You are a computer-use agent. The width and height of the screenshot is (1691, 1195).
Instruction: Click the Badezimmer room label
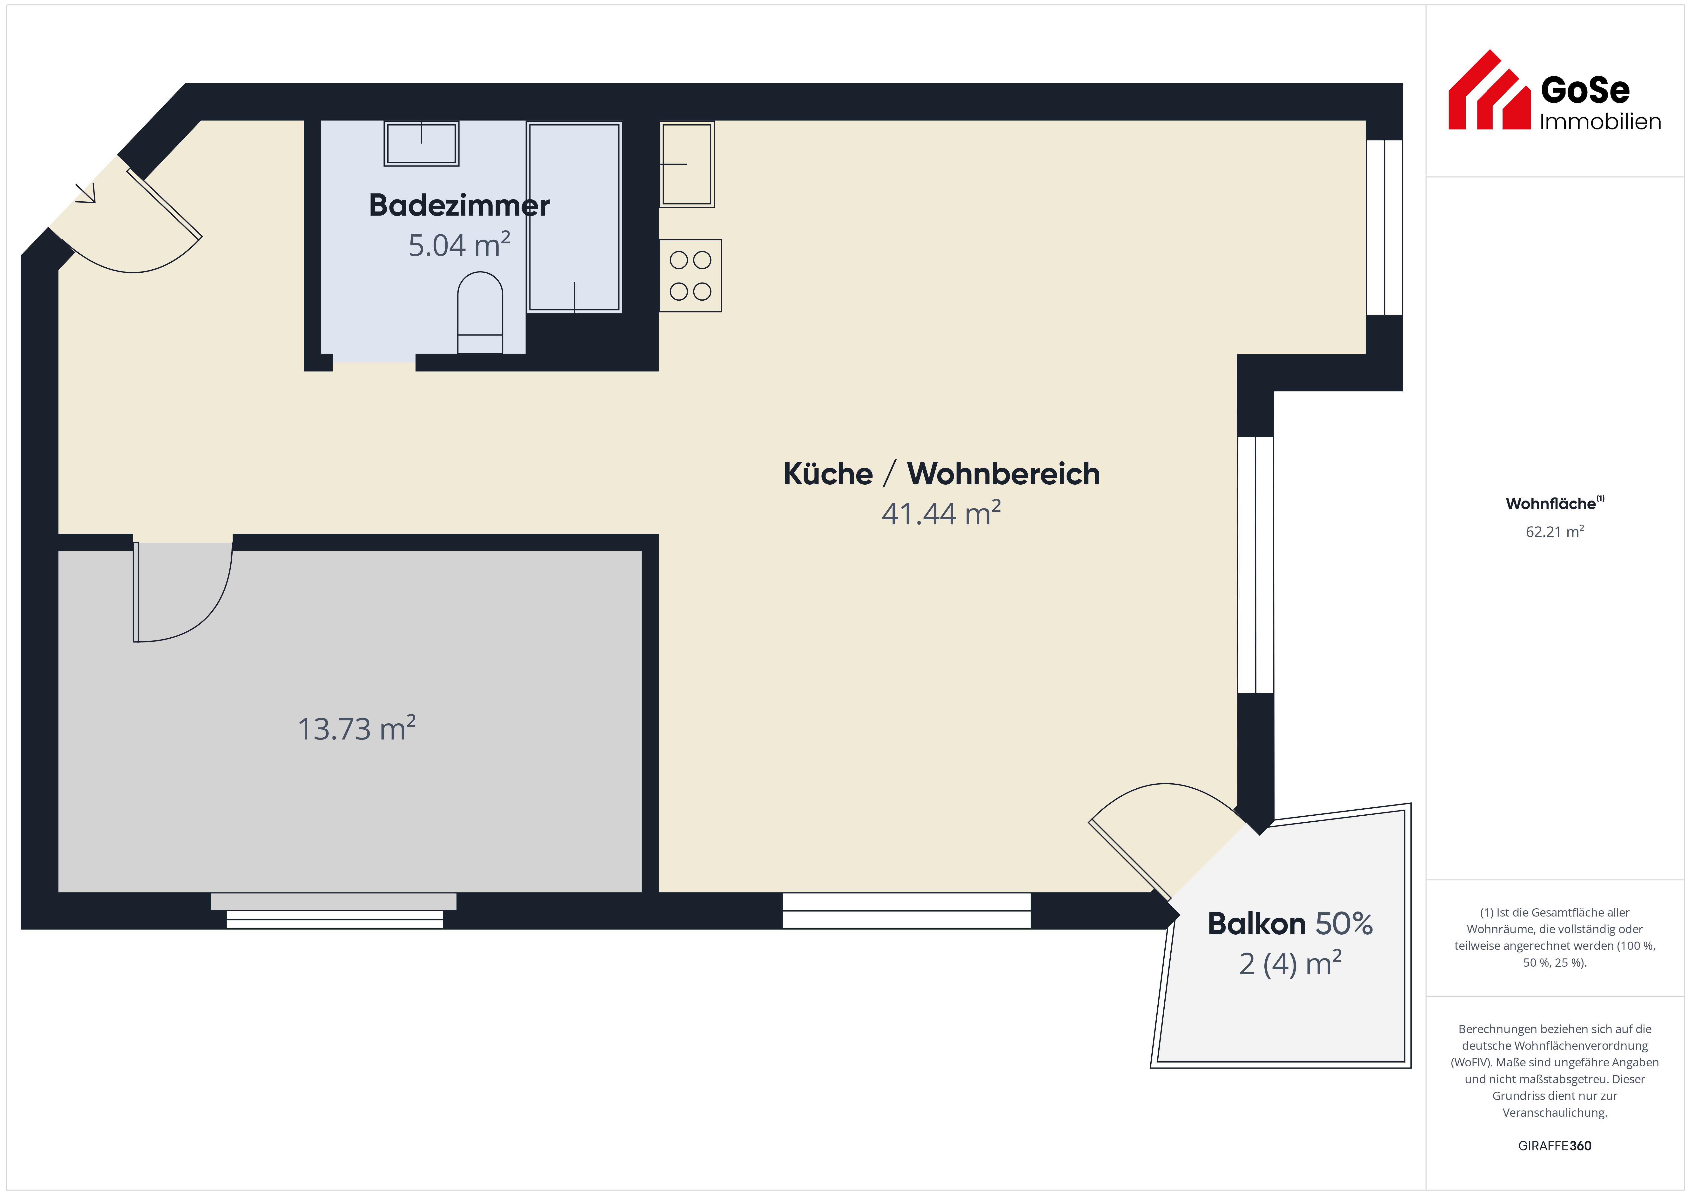tap(459, 205)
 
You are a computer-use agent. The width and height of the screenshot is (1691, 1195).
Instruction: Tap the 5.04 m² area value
tap(459, 245)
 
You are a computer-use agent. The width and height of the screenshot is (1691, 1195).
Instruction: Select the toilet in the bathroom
tap(480, 313)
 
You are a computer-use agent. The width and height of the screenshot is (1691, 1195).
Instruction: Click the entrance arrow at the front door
tap(86, 193)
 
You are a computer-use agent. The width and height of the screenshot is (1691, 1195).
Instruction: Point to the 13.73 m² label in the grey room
tap(356, 728)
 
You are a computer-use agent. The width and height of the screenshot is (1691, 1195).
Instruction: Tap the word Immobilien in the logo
tap(1600, 121)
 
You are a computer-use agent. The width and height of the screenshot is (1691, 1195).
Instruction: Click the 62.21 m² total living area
tap(1555, 532)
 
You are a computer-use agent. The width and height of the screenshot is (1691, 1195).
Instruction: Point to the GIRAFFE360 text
tap(1555, 1146)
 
